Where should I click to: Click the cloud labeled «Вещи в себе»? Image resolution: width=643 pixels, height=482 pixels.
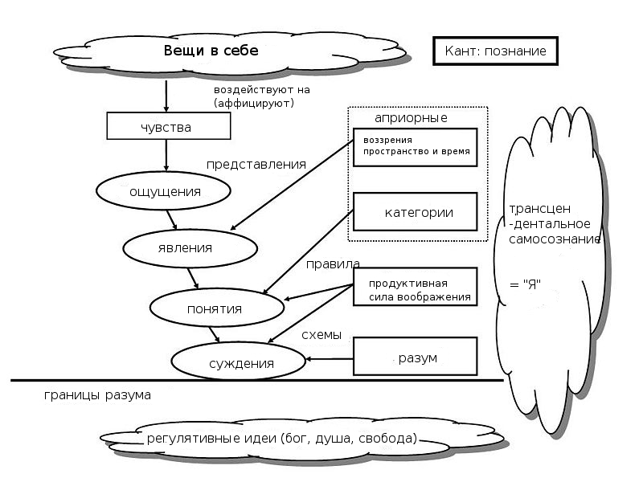click(211, 51)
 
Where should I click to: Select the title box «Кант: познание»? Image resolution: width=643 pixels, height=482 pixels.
click(495, 51)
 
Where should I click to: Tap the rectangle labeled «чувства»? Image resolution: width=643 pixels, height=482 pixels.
click(166, 126)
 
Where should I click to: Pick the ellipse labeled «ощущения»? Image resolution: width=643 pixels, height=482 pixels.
click(164, 191)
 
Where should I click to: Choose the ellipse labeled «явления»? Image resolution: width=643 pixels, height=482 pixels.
click(185, 247)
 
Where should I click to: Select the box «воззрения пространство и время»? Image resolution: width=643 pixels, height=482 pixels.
click(415, 146)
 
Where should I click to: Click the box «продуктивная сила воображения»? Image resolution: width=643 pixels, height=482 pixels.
click(416, 290)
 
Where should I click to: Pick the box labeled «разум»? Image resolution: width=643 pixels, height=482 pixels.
click(416, 357)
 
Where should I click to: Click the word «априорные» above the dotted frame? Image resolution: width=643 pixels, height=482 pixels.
click(411, 117)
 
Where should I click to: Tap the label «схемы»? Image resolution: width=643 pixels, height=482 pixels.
click(321, 333)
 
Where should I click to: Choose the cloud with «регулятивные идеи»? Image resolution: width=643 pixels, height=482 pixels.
click(281, 439)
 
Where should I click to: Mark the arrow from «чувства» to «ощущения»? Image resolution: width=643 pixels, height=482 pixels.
click(166, 155)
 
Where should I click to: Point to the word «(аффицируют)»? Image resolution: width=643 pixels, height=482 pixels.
click(253, 103)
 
